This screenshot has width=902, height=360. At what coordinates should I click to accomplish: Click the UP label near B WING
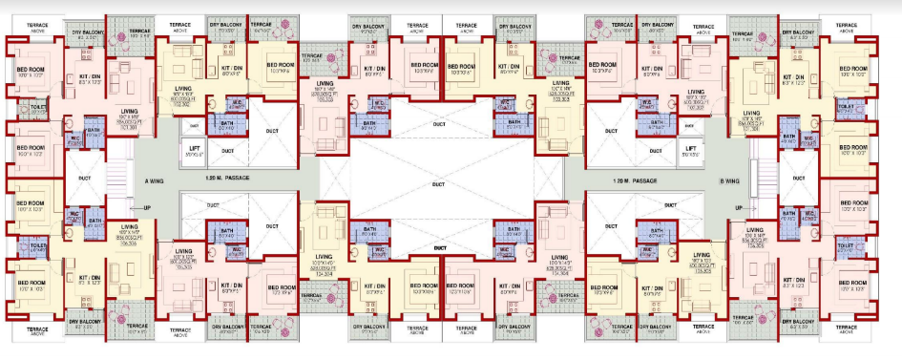(x=738, y=207)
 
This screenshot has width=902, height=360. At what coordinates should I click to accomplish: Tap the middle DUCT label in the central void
(x=438, y=184)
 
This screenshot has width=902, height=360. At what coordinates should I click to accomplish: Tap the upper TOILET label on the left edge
(x=38, y=108)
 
